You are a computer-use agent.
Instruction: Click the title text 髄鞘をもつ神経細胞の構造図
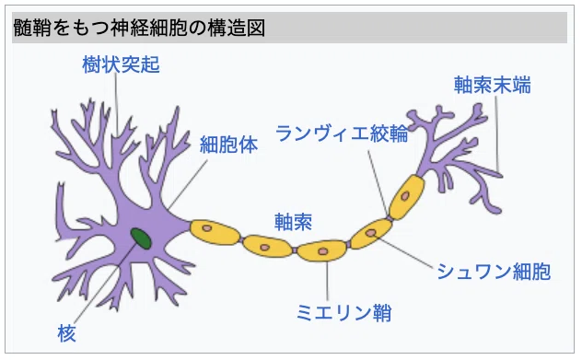139,28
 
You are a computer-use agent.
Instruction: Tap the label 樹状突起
121,64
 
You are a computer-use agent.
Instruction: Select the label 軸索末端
492,85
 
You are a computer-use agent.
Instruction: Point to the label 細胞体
228,145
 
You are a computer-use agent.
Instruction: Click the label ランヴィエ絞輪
342,133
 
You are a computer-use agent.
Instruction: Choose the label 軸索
293,222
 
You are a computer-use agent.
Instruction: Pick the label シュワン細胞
494,272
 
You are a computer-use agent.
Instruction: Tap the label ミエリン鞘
344,312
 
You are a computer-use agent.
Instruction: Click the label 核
67,333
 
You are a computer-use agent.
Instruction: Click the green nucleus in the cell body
141,238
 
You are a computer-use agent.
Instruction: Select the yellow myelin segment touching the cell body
215,233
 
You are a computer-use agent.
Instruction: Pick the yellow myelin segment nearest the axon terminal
406,197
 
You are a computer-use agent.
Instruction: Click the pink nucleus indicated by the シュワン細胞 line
371,233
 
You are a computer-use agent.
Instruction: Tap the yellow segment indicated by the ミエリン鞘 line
321,250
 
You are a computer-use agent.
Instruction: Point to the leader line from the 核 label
106,284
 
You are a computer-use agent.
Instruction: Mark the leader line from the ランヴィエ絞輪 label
378,183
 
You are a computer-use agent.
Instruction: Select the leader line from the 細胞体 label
188,184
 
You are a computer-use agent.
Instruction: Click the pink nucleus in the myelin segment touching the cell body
207,227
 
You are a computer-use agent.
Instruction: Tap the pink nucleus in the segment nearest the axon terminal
405,195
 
